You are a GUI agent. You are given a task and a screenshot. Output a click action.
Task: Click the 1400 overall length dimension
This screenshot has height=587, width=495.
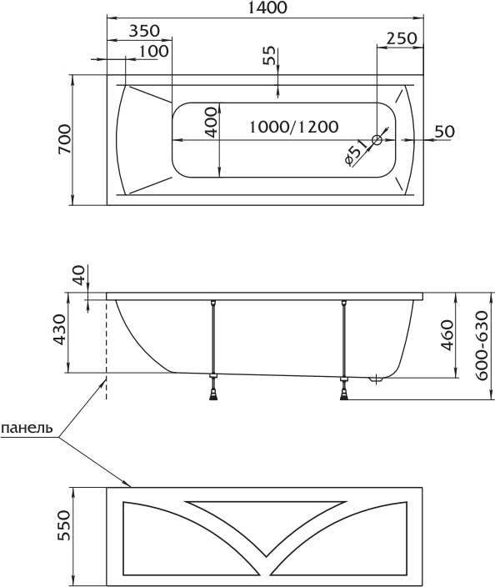[x=267, y=8]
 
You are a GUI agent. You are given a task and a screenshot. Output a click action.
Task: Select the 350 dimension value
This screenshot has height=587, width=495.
[x=144, y=31]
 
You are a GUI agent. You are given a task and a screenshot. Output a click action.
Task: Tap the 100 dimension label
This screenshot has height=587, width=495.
[x=153, y=51]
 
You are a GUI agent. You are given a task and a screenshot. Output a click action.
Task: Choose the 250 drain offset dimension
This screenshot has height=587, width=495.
[x=401, y=38]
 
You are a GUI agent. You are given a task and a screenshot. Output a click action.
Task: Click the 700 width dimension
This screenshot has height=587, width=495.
[x=64, y=139]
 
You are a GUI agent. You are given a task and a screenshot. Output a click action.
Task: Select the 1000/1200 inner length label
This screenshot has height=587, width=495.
[x=293, y=127]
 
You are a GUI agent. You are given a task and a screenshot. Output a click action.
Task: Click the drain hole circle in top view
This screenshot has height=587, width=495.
[x=377, y=140]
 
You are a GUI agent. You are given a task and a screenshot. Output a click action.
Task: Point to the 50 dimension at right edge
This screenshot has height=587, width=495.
[x=445, y=131]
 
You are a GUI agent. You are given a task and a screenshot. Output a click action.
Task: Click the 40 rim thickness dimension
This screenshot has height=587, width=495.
[x=79, y=275]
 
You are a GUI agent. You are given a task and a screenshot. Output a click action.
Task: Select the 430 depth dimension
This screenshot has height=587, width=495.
[x=59, y=329]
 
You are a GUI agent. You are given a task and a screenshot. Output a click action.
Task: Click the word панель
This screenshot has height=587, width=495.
[x=27, y=428]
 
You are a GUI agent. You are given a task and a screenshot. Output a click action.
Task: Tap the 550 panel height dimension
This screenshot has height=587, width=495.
[x=63, y=525]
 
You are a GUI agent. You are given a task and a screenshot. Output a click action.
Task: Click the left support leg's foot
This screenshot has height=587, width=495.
[x=213, y=395]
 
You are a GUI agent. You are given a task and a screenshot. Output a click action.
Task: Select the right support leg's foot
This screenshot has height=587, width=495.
[x=343, y=395]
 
